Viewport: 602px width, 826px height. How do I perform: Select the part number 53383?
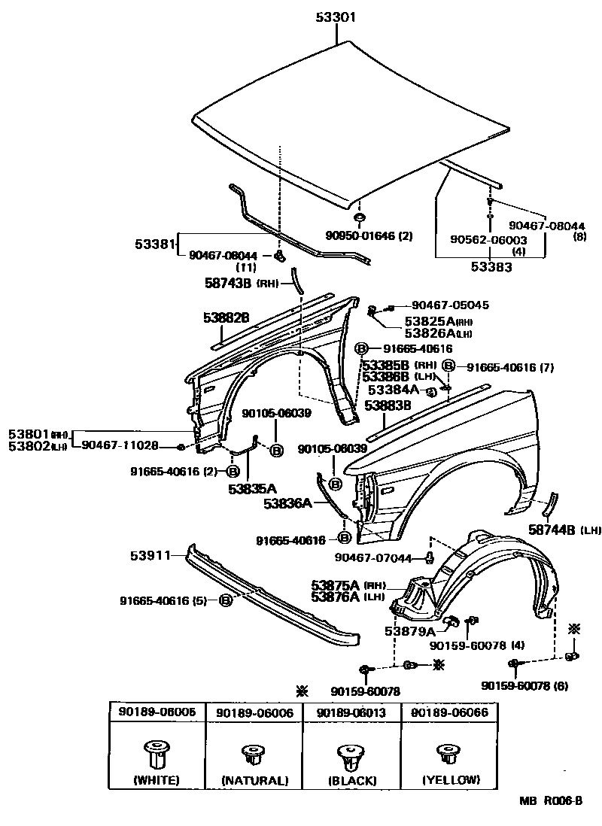click(x=493, y=266)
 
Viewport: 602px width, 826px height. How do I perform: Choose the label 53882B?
click(x=226, y=317)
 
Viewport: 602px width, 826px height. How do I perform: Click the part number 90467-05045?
click(x=450, y=305)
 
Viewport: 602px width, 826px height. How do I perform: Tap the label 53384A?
click(x=393, y=390)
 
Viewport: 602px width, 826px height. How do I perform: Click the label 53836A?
click(x=287, y=503)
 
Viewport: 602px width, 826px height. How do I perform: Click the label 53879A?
click(x=410, y=631)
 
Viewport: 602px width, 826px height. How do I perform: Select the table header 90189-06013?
click(x=351, y=712)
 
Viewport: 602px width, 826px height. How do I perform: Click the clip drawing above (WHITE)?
click(x=156, y=752)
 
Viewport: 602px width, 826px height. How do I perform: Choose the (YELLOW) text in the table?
click(x=451, y=779)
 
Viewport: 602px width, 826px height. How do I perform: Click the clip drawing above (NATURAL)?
click(x=254, y=752)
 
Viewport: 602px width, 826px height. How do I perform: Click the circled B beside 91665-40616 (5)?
click(x=225, y=600)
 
